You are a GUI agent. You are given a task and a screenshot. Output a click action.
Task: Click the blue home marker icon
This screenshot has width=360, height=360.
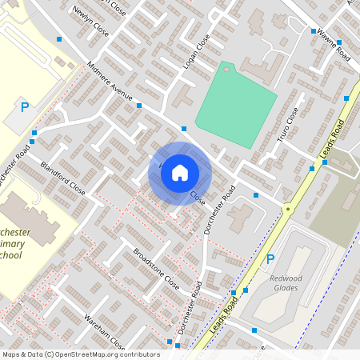(180, 172)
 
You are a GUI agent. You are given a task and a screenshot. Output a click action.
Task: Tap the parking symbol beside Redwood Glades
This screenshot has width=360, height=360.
(270, 258)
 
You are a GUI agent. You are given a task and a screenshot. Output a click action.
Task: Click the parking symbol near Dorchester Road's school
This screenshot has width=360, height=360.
(25, 106)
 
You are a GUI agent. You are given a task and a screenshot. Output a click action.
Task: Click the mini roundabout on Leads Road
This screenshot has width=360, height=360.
(287, 208)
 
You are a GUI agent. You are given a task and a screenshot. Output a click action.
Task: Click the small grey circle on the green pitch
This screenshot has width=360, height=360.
(226, 70)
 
